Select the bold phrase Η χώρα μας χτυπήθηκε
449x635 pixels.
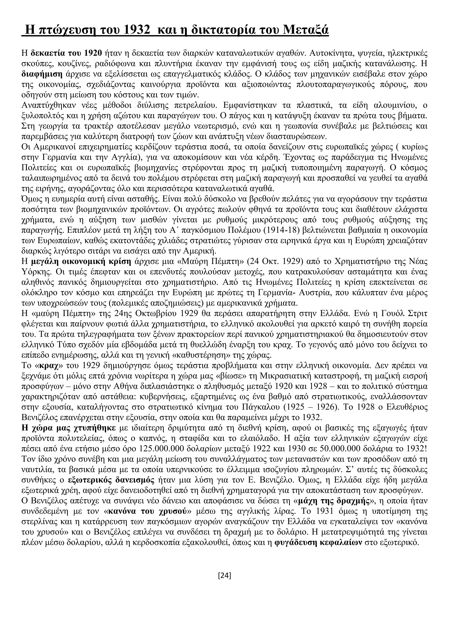click(69, 428)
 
